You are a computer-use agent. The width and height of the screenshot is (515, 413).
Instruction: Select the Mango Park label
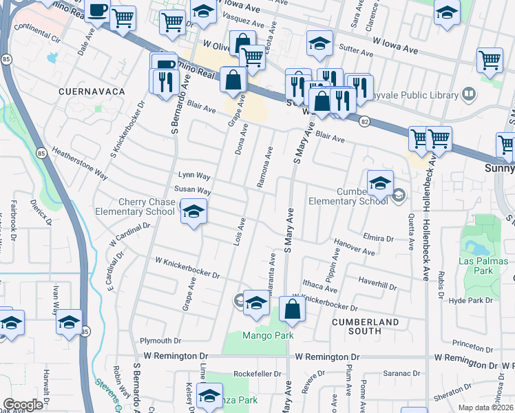[267, 335]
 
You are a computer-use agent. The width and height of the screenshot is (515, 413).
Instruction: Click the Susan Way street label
[192, 189]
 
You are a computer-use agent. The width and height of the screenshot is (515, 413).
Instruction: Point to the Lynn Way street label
[193, 175]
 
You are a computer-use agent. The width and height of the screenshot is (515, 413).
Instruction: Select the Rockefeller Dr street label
[258, 373]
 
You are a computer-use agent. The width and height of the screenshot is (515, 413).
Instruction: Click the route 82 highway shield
[363, 122]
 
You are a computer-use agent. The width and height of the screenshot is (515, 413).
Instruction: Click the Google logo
[23, 405]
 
